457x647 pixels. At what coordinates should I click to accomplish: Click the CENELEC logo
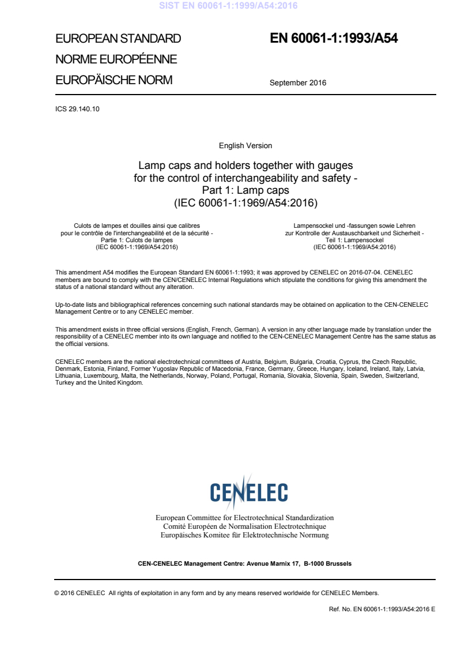249,492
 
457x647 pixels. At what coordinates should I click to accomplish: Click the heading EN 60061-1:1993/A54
334,39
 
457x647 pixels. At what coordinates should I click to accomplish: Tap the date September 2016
297,82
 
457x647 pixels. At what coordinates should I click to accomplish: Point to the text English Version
246,146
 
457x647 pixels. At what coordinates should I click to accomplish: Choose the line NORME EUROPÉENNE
116,59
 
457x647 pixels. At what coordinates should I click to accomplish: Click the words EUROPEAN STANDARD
118,39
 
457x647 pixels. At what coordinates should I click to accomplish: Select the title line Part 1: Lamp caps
246,190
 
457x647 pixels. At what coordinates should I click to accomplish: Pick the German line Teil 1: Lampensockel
354,240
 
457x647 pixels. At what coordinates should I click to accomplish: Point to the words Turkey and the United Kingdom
99,383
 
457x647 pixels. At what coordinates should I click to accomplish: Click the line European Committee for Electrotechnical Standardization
244,518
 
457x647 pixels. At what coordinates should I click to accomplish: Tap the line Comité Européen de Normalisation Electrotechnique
244,526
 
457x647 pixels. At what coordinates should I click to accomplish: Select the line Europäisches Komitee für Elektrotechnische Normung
244,535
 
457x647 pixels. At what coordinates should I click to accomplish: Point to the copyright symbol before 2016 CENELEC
56,593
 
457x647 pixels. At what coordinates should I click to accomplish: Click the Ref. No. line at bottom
382,609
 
